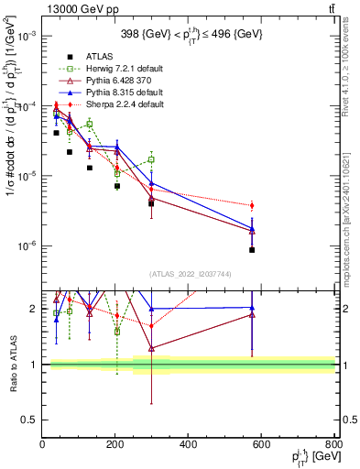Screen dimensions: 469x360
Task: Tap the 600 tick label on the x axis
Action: click(x=261, y=445)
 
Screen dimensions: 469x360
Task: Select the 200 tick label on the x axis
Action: click(x=115, y=445)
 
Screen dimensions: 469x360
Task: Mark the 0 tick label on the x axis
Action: click(x=42, y=445)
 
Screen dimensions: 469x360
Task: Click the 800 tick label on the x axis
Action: click(x=333, y=445)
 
